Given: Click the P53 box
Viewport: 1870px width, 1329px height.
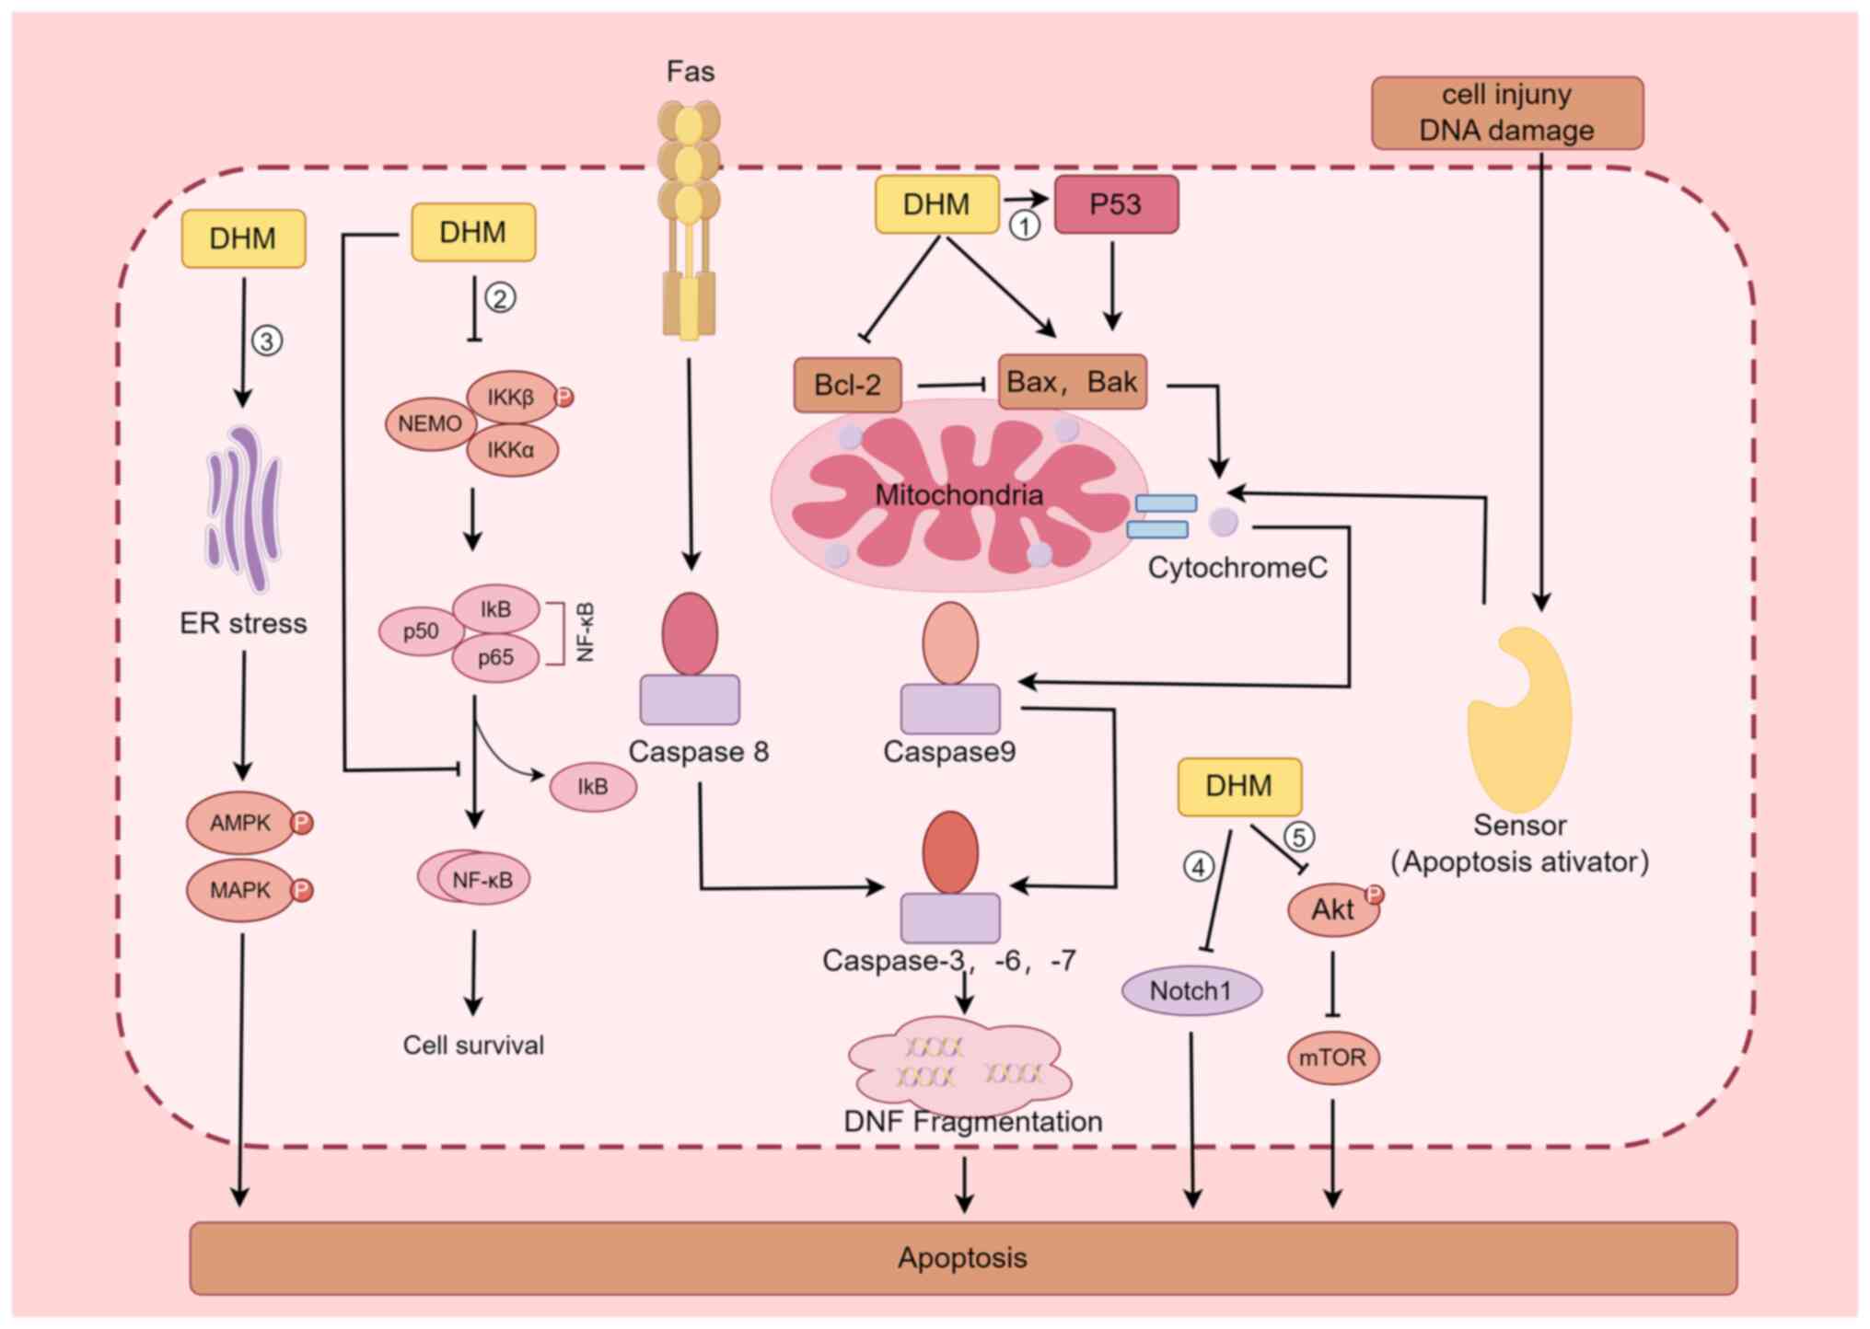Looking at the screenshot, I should pyautogui.click(x=1115, y=204).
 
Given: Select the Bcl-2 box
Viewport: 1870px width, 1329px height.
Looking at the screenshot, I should pyautogui.click(x=847, y=385).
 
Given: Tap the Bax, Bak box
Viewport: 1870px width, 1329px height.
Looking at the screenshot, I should pyautogui.click(x=1072, y=382).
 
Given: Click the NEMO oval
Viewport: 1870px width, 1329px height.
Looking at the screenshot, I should pyautogui.click(x=430, y=424).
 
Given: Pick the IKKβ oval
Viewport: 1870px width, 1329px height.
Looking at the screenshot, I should pyautogui.click(x=511, y=398).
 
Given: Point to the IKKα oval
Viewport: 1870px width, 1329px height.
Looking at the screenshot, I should pyautogui.click(x=511, y=450).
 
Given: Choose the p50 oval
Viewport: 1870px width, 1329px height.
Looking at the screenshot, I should pyautogui.click(x=421, y=631).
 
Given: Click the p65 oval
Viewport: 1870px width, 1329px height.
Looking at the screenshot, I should pyautogui.click(x=495, y=657).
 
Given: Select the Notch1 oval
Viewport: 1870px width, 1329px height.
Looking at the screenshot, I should pyautogui.click(x=1191, y=991).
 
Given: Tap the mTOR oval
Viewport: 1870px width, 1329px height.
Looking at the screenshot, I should pyautogui.click(x=1332, y=1057).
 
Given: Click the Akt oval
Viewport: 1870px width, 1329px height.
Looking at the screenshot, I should pyautogui.click(x=1332, y=910).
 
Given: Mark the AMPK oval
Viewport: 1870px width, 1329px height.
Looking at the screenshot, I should pyautogui.click(x=240, y=823).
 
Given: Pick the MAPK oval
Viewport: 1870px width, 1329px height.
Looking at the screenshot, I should pyautogui.click(x=240, y=890).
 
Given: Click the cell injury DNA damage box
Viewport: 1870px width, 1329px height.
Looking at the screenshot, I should pyautogui.click(x=1506, y=113).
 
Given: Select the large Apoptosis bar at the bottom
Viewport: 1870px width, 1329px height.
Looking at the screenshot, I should pyautogui.click(x=962, y=1258).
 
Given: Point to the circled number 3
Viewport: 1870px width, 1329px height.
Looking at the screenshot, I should pyautogui.click(x=267, y=341).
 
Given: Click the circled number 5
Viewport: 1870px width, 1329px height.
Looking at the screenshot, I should pyautogui.click(x=1299, y=837).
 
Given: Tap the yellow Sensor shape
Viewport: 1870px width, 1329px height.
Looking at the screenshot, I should pyautogui.click(x=1519, y=718).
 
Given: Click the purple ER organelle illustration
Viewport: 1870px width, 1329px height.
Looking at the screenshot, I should pyautogui.click(x=244, y=508).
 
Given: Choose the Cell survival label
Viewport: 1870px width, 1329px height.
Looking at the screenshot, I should pyautogui.click(x=473, y=1046).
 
